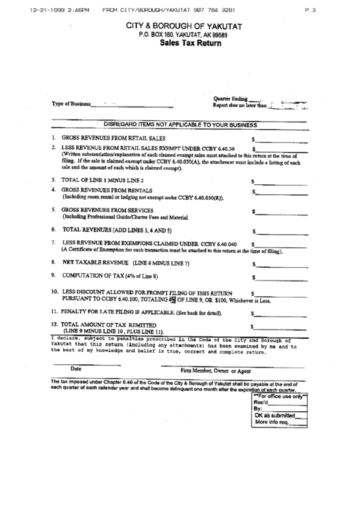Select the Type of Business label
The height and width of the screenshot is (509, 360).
(x=71, y=104)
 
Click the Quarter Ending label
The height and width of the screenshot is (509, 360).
(x=230, y=99)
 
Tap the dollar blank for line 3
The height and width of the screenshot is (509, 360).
(x=276, y=181)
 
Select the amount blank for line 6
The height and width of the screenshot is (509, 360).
(x=276, y=231)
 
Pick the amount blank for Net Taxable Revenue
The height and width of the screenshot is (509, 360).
(x=276, y=264)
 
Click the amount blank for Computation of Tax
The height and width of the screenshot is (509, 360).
(x=276, y=277)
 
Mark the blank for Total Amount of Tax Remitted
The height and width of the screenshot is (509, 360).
(x=276, y=328)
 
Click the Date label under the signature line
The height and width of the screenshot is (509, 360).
(x=76, y=369)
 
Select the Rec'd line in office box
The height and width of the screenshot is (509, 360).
(x=278, y=403)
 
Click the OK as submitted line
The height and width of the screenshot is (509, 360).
(x=278, y=415)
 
